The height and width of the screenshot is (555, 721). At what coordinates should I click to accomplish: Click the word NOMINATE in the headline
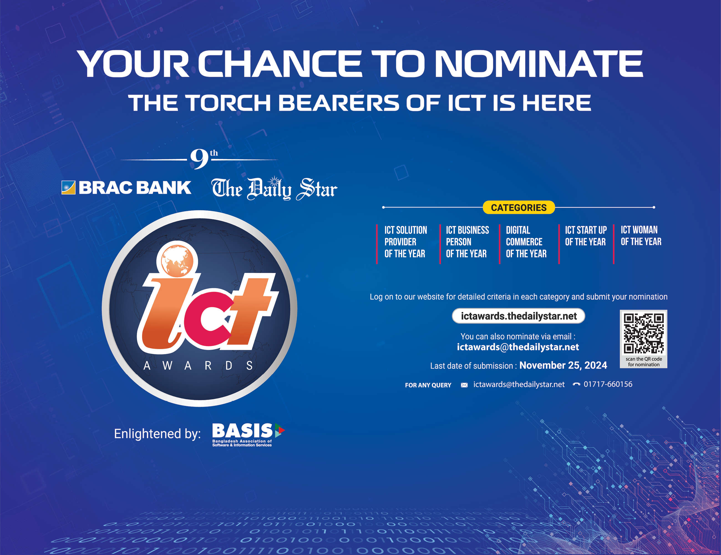(x=539, y=64)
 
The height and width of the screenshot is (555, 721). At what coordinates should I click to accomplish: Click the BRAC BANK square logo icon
(x=68, y=188)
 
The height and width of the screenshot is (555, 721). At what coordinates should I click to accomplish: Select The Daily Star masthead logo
(x=274, y=189)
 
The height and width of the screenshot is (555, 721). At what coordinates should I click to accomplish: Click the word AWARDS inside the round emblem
(x=198, y=366)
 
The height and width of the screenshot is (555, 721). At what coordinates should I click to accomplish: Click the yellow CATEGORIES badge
(x=519, y=208)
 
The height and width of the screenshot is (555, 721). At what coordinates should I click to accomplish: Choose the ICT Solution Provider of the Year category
(x=406, y=242)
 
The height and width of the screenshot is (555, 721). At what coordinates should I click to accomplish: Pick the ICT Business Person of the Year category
(x=468, y=242)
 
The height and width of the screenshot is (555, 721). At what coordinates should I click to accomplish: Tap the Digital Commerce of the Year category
(x=526, y=242)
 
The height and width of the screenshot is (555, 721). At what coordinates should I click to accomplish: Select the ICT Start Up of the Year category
(x=586, y=236)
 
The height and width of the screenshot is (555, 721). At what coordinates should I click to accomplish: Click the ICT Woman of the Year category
(x=641, y=236)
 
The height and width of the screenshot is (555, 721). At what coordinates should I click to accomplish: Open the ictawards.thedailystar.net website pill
(x=518, y=316)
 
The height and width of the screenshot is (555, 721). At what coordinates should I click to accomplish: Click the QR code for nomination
(x=644, y=334)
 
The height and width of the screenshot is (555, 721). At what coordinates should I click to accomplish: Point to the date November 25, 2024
(x=563, y=365)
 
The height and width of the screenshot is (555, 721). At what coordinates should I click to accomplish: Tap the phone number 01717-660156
(x=608, y=384)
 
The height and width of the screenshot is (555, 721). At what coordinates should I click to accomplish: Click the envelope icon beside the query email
(x=464, y=385)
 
